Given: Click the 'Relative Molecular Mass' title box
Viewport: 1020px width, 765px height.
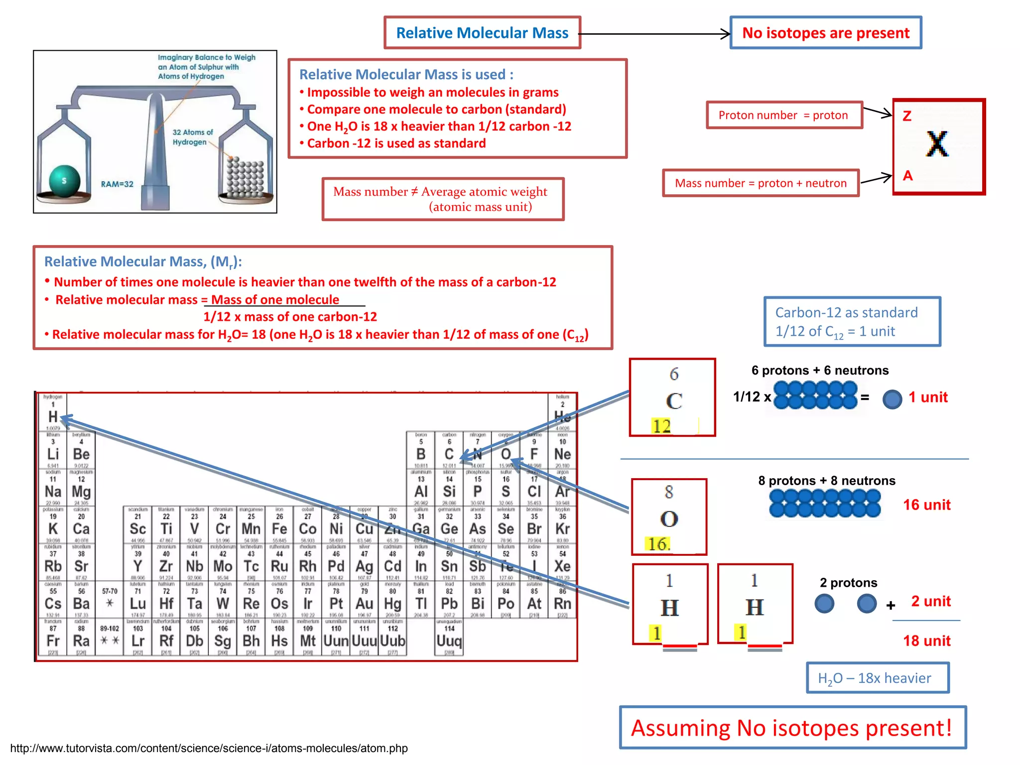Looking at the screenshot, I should (482, 33).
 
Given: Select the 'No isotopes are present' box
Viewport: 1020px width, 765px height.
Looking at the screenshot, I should (825, 33).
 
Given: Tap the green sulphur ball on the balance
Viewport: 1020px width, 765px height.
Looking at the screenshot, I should (64, 180).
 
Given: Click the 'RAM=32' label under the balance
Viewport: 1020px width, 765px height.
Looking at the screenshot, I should (117, 184).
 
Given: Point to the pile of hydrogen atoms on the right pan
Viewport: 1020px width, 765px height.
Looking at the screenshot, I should (245, 177).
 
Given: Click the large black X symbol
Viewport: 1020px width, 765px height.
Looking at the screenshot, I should (937, 144).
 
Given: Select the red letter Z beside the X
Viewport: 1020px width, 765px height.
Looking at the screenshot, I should (907, 116).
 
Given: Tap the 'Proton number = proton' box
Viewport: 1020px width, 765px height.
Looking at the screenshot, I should (783, 115).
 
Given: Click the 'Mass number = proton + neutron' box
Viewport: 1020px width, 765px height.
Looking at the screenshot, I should (761, 183).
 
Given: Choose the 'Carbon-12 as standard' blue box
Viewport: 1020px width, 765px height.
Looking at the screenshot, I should (852, 321).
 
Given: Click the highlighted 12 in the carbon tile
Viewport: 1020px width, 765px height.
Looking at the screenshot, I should (661, 426).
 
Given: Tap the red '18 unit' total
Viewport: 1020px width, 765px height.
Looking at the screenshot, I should (926, 640).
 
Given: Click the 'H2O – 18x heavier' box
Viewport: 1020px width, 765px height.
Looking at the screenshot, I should (878, 678).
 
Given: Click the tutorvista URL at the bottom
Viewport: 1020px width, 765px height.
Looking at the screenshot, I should (209, 748).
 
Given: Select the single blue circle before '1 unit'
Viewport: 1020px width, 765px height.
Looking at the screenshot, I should (892, 398).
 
